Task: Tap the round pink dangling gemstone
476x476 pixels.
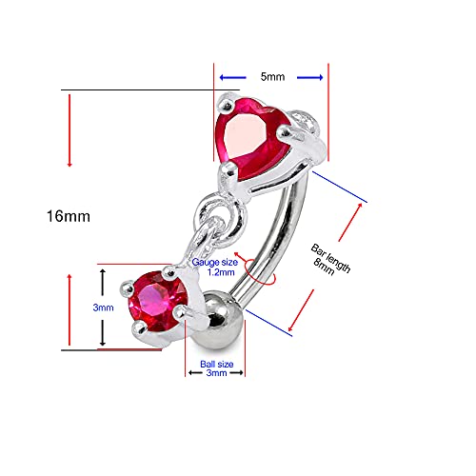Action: click(156, 302)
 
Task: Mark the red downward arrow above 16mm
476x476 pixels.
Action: click(69, 133)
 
